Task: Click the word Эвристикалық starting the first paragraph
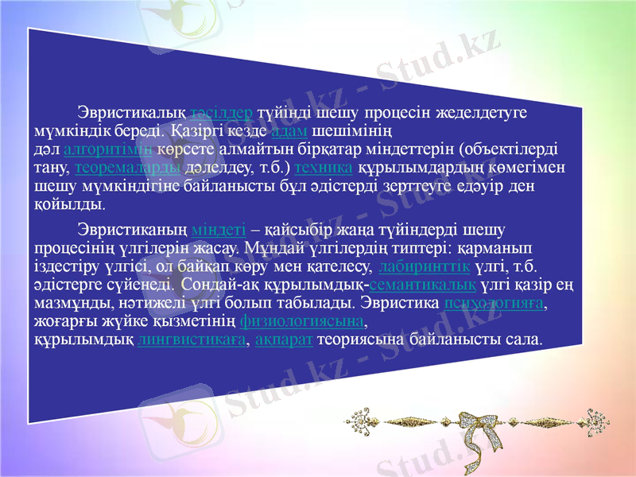point(131,112)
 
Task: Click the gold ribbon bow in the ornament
point(476,420)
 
